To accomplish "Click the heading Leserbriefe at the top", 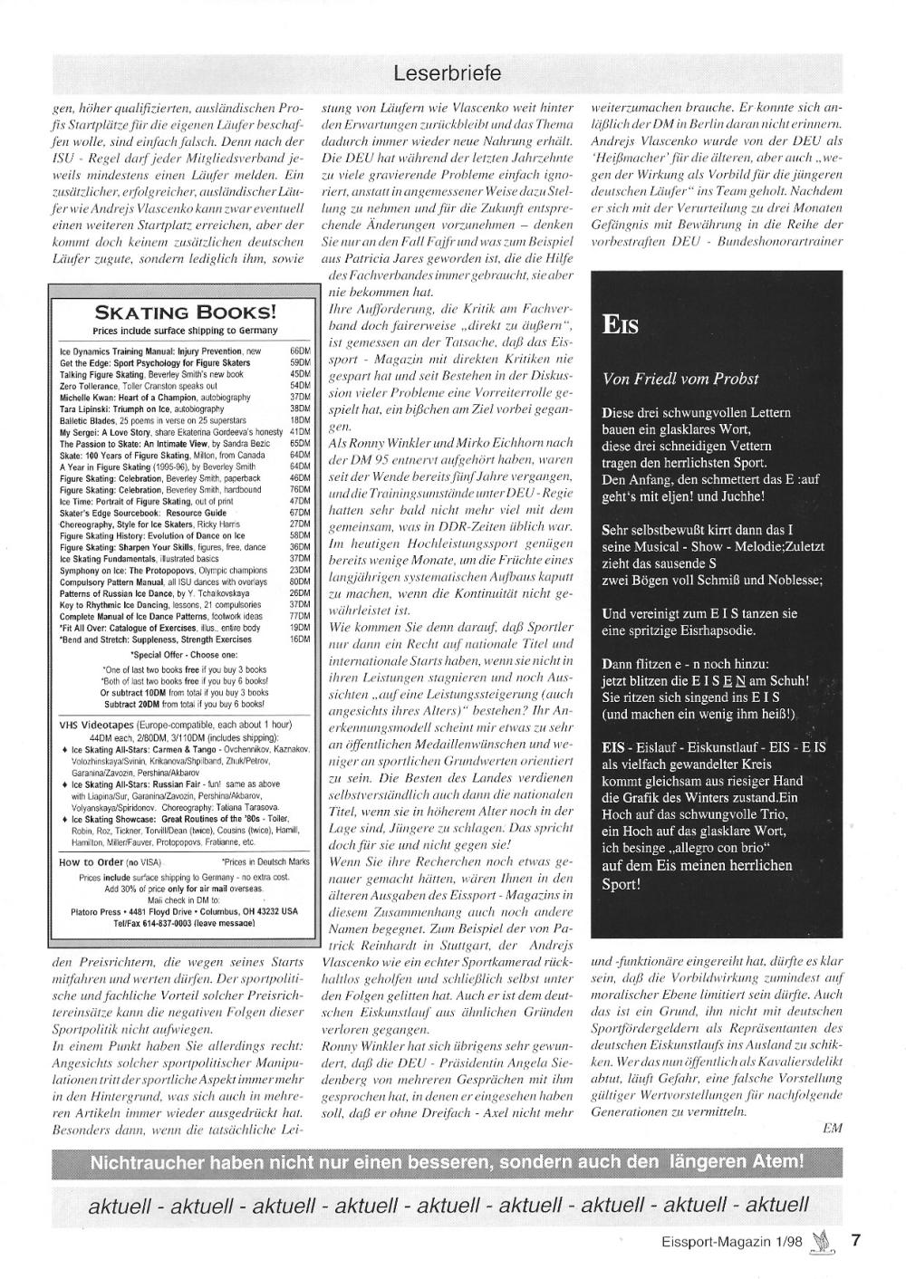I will pos(448,72).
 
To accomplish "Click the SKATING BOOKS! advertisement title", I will pos(186,313).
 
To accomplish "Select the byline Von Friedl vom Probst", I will pos(680,379).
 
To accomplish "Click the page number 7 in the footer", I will pos(855,1242).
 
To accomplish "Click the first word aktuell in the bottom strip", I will pos(120,1206).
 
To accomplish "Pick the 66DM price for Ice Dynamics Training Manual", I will pos(300,351).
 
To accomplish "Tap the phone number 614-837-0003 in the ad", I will pos(167,921).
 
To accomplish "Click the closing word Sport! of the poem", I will pos(622,883).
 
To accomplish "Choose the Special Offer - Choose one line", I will pos(184,653).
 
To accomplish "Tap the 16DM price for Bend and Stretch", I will pos(300,639).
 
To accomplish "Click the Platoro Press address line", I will pos(185,911).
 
